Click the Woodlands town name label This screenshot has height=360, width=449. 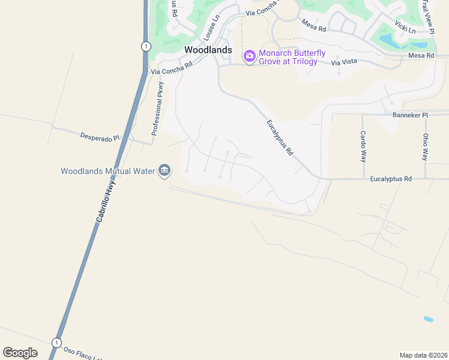tap(208, 50)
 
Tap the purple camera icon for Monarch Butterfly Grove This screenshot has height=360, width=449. tap(250, 56)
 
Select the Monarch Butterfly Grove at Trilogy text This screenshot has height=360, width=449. tap(292, 57)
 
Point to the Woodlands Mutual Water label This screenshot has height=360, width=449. tap(108, 171)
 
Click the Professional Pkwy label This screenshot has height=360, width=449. tap(157, 108)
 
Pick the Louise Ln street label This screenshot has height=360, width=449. tap(212, 26)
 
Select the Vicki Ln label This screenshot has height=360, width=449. tap(405, 26)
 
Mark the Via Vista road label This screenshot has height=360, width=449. tap(344, 61)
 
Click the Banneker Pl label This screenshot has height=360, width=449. tap(409, 115)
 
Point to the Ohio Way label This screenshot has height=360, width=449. tap(425, 146)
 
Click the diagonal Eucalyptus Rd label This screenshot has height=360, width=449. tap(280, 137)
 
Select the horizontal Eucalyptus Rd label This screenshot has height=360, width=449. tap(391, 179)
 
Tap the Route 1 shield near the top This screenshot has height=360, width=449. tap(145, 46)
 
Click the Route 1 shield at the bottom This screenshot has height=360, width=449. tap(56, 343)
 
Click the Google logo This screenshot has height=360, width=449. tap(20, 353)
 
